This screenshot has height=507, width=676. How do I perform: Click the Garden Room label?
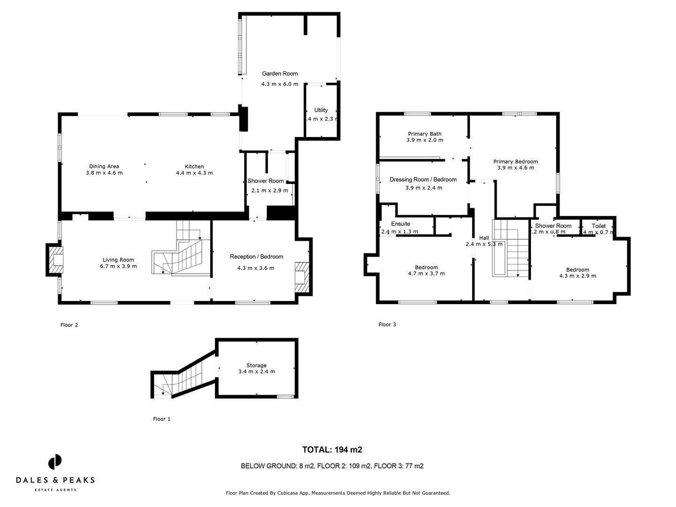click(x=280, y=74)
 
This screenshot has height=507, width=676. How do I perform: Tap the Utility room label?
click(x=321, y=110)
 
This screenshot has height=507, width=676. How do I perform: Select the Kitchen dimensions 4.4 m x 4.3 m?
click(x=194, y=173)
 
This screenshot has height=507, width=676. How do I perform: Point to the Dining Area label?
click(x=104, y=166)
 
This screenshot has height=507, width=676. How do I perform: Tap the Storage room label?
click(x=256, y=365)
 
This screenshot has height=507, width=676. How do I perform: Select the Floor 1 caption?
click(x=162, y=419)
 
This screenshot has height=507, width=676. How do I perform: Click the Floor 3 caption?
click(x=387, y=324)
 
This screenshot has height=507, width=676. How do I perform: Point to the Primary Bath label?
click(x=424, y=134)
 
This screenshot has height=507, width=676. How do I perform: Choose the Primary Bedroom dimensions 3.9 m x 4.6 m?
click(x=515, y=168)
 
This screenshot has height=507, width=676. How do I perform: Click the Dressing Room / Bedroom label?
click(x=423, y=179)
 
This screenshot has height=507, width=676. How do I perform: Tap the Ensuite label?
click(x=400, y=224)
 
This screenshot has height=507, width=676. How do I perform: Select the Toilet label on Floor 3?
click(x=599, y=226)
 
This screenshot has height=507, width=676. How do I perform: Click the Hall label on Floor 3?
click(x=484, y=238)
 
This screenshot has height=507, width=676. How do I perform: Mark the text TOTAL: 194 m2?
click(x=332, y=450)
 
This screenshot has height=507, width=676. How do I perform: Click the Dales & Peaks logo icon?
click(x=55, y=461)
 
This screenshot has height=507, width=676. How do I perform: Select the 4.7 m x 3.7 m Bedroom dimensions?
click(x=426, y=273)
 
